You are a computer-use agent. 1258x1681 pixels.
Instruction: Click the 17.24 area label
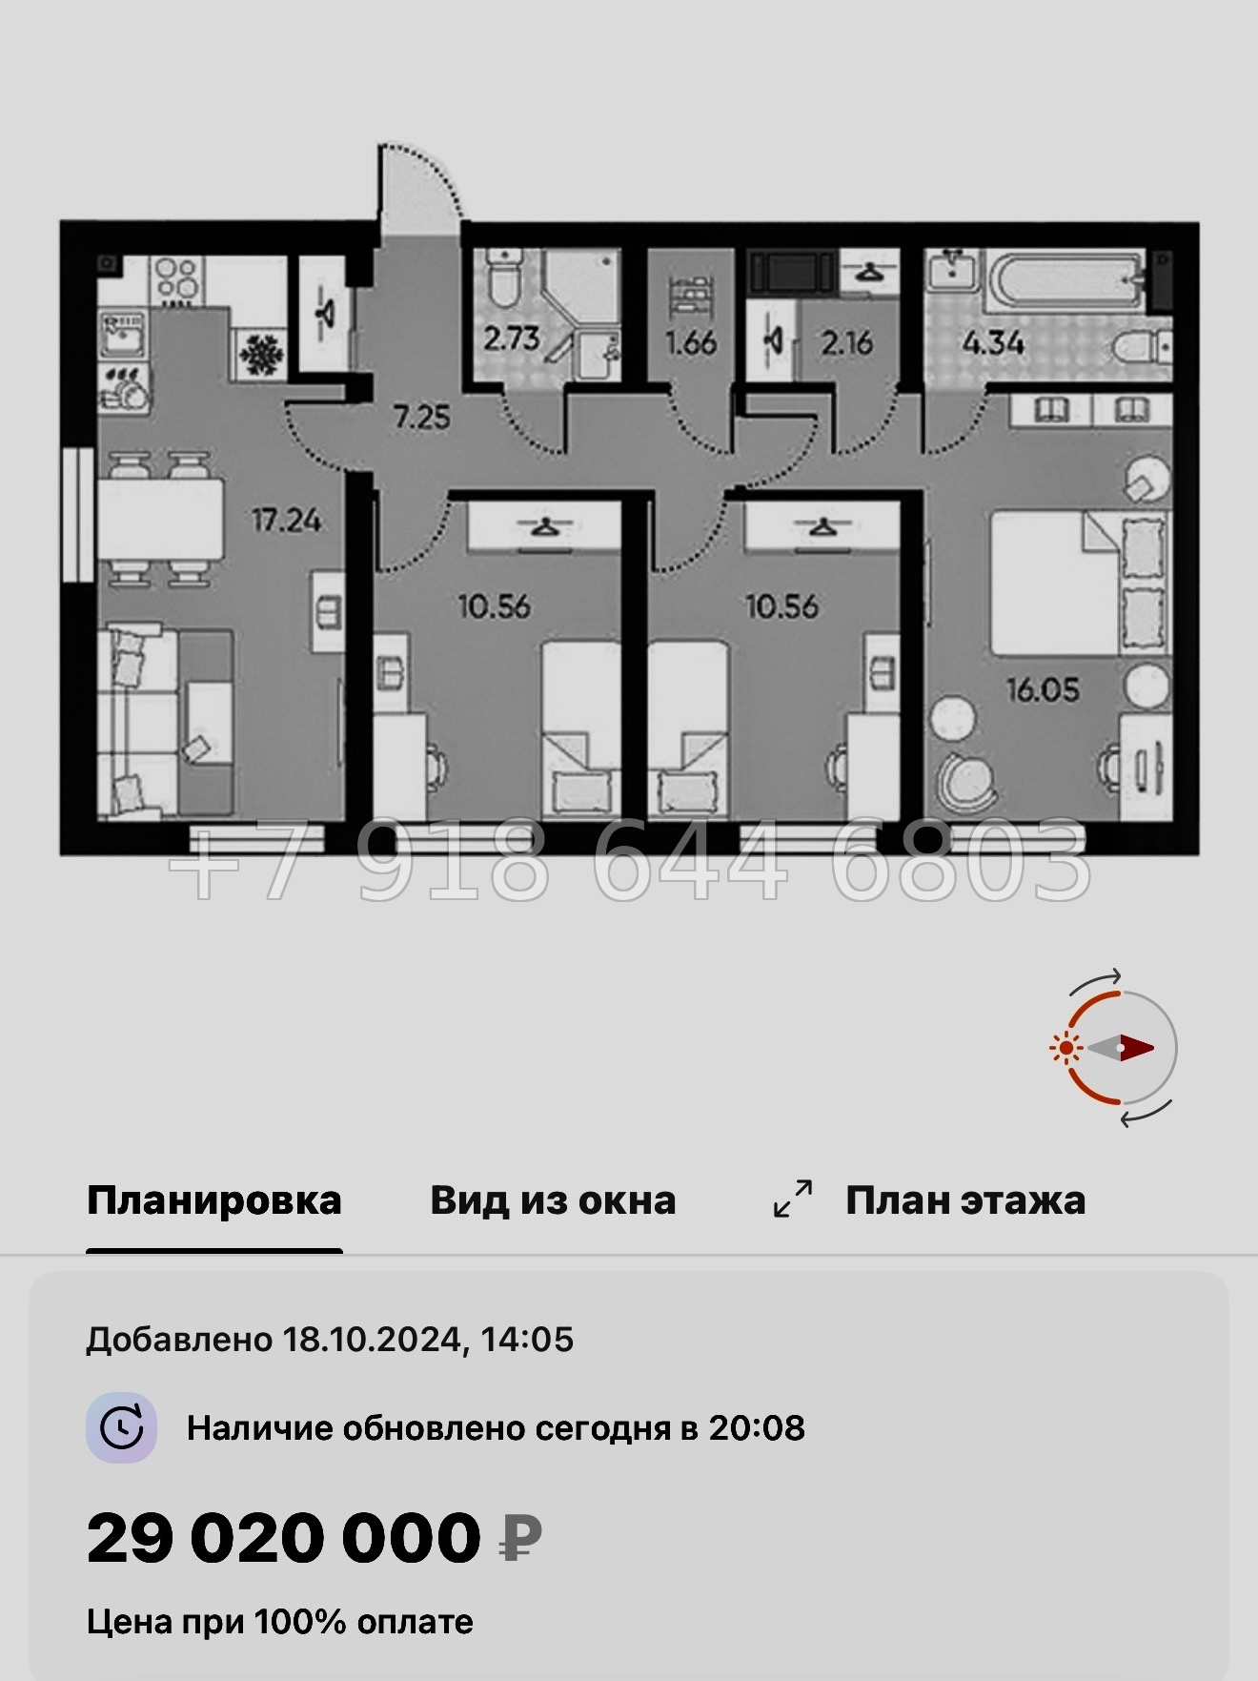point(286,521)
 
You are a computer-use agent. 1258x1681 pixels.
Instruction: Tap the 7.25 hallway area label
point(421,417)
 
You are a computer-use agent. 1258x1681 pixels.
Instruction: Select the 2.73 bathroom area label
point(511,338)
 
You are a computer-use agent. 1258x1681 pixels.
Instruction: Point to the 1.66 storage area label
point(691,342)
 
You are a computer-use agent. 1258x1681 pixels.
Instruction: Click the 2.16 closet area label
point(846,342)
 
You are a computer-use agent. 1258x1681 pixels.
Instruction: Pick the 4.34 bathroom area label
point(993,342)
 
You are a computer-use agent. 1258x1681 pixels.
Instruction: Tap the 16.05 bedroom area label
point(1044,689)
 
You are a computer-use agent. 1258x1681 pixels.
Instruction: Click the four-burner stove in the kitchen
point(176,279)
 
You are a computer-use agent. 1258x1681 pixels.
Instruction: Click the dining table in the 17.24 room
point(160,520)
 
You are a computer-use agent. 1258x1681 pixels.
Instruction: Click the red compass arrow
point(1135,1047)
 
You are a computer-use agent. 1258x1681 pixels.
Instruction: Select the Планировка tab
point(213,1200)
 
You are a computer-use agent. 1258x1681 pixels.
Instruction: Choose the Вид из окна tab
point(553,1200)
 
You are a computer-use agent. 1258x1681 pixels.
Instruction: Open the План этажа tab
point(964,1200)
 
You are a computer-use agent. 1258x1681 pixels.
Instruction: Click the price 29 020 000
point(284,1538)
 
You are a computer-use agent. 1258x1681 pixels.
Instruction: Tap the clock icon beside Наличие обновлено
point(122,1427)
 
